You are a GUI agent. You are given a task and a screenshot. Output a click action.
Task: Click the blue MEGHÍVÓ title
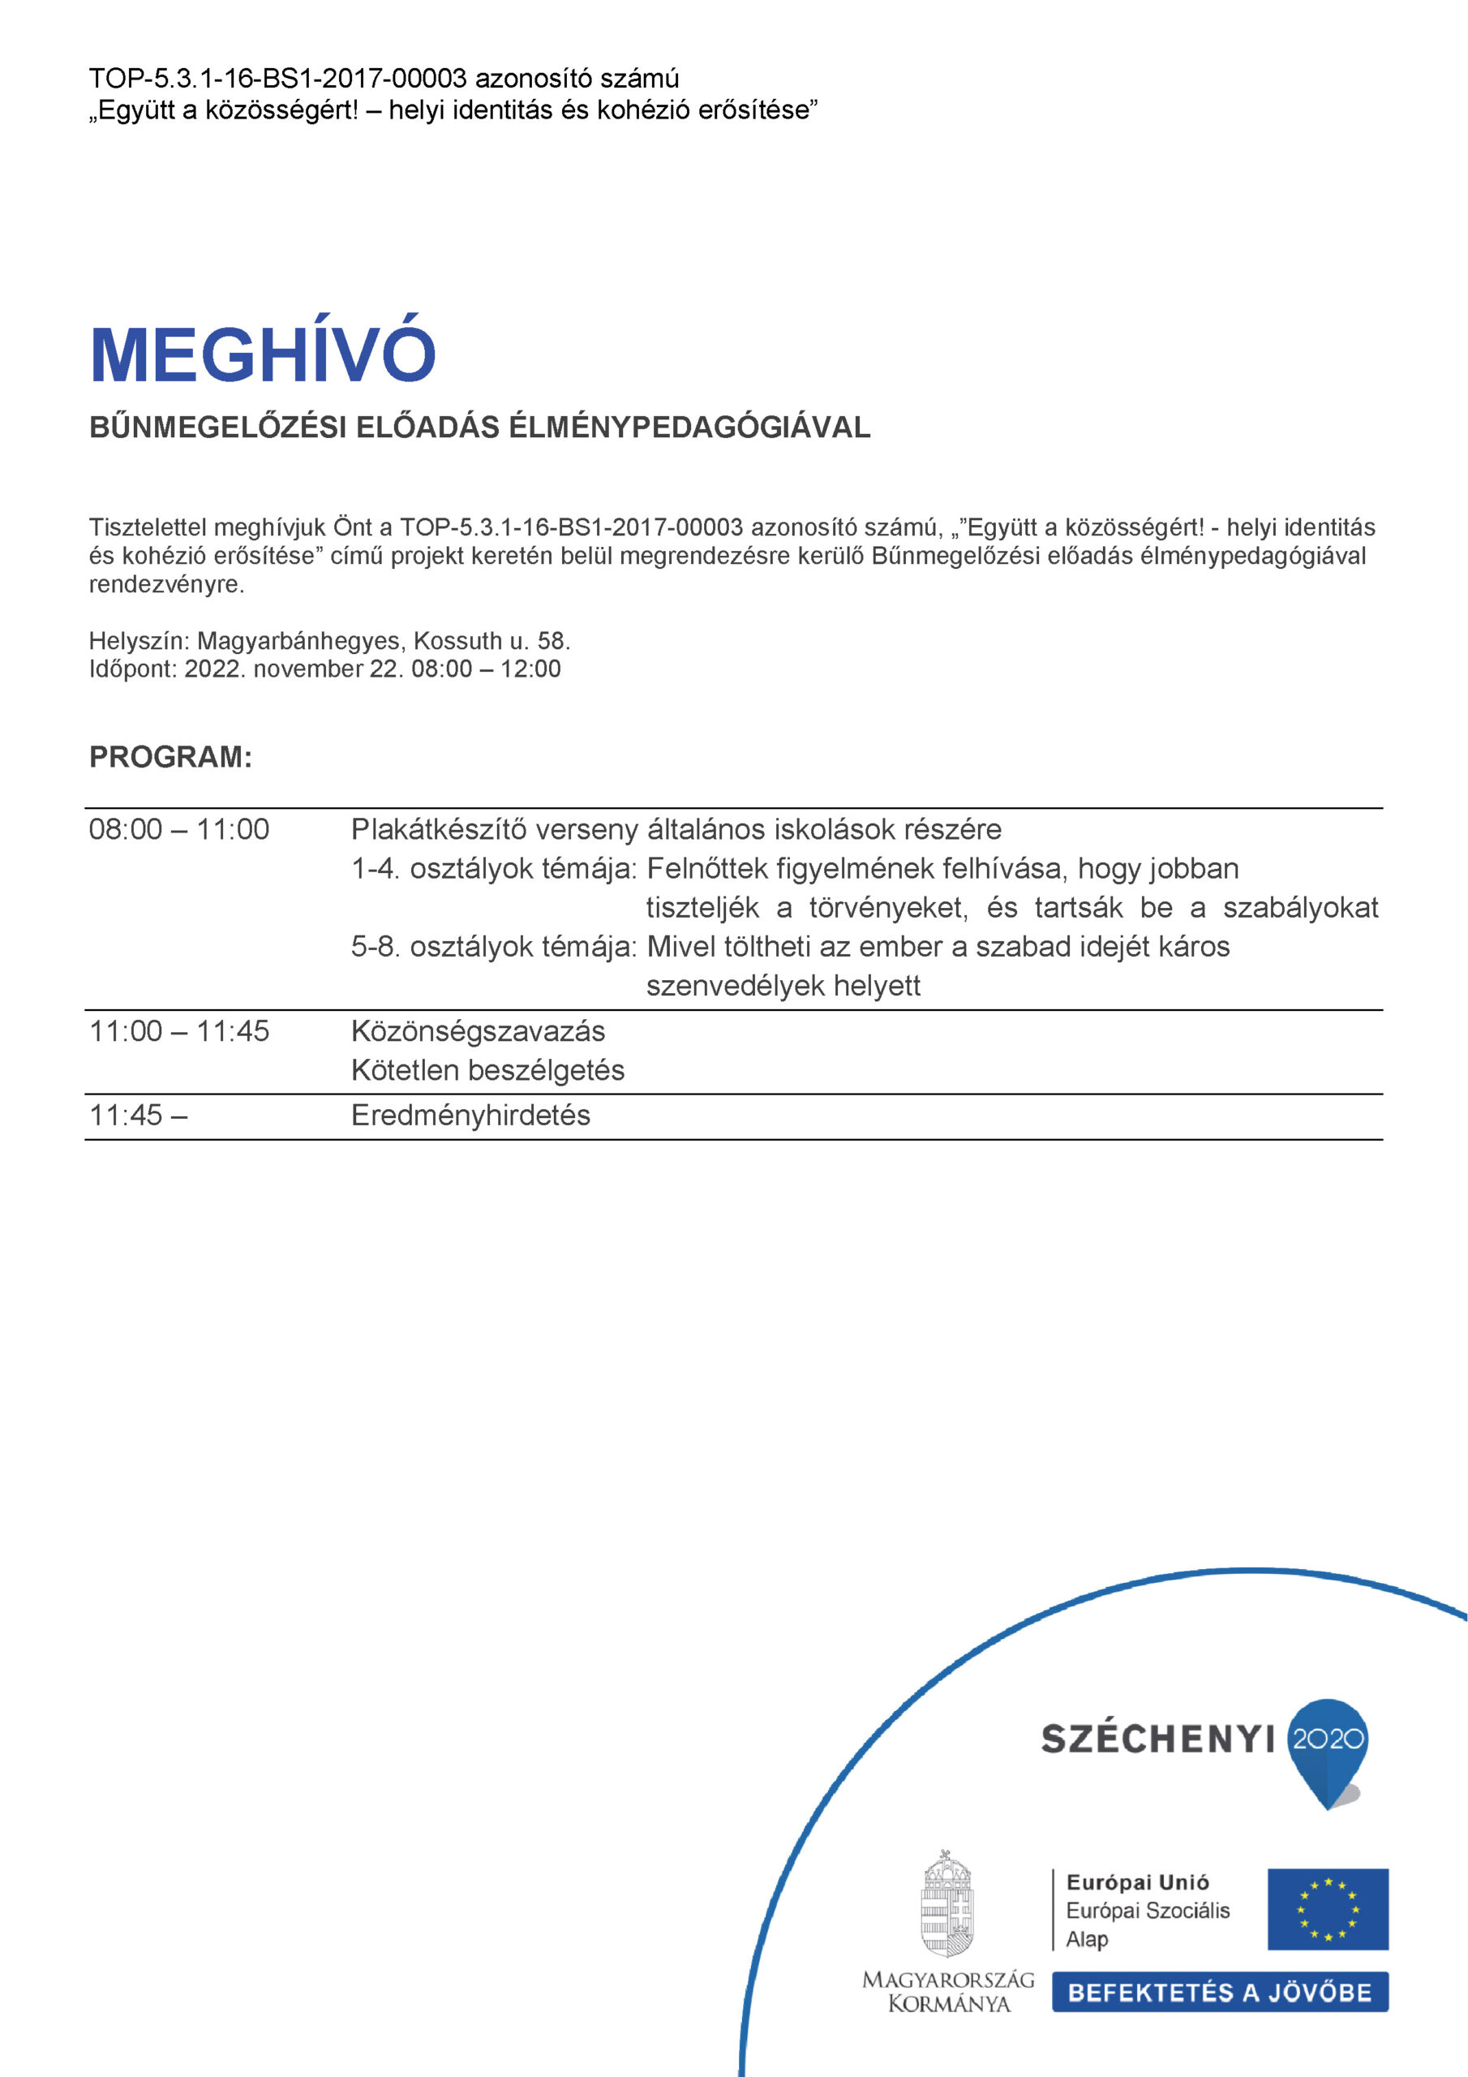coord(262,354)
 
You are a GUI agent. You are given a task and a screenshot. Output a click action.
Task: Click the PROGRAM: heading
coord(170,757)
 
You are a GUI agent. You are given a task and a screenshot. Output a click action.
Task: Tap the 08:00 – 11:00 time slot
coord(179,829)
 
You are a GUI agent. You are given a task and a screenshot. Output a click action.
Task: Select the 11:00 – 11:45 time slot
coord(179,1031)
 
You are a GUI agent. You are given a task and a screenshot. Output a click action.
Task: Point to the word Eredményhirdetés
coord(470,1116)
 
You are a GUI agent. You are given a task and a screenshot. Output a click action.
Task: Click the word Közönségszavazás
coord(478,1031)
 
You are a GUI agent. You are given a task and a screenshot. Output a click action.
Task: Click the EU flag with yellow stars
coord(1327,1909)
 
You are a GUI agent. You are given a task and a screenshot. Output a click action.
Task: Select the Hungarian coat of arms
coord(947,1903)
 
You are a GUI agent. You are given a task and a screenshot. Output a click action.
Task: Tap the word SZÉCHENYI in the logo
coord(1157,1739)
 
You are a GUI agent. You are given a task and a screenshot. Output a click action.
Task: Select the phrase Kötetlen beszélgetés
coord(487,1070)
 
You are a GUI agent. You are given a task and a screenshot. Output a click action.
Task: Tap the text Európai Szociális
coord(1148,1911)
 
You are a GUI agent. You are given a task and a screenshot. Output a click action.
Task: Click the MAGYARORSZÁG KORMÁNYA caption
coord(948,1991)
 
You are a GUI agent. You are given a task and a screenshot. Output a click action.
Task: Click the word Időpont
coord(132,669)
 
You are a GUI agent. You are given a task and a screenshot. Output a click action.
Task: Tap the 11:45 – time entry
coord(138,1116)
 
